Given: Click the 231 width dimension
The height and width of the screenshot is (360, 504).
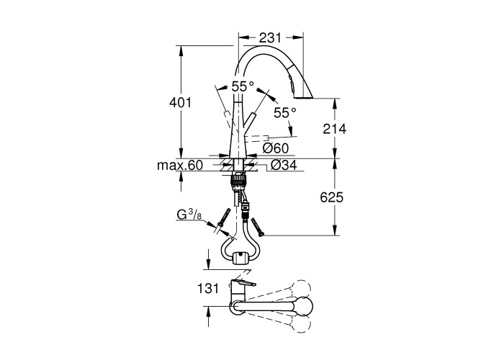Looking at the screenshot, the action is coord(270,38).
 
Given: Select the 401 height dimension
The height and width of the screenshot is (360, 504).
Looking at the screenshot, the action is coord(180,102).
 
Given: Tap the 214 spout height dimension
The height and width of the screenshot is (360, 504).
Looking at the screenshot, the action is coord(335,129).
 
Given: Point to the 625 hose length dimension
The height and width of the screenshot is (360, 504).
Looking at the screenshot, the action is coord(332,197).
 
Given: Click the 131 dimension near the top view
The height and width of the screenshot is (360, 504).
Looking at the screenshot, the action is coord(208,288).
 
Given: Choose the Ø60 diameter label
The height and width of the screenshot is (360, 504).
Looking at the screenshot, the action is coord(276,148).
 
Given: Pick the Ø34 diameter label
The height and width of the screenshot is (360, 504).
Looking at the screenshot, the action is coord(284,165).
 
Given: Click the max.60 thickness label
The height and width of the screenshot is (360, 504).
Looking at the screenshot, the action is coord(180,166).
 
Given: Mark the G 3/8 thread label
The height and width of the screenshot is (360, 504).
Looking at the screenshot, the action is coord(189,215).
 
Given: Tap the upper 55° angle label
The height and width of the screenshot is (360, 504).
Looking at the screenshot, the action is coord(243,86).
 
